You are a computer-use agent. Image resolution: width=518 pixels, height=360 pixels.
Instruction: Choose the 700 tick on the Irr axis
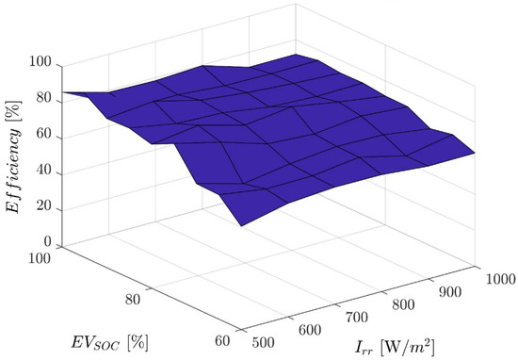click(350, 317)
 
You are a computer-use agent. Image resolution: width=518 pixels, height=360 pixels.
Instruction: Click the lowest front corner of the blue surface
click(241, 226)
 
